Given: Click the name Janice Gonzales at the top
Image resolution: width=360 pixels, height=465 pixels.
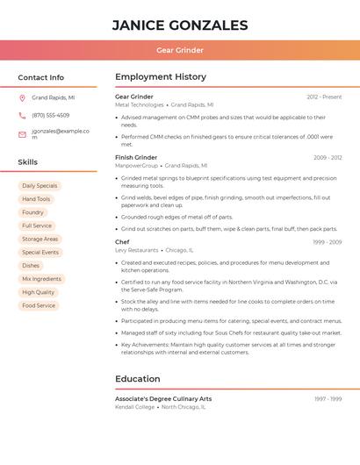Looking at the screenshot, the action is click(180, 25).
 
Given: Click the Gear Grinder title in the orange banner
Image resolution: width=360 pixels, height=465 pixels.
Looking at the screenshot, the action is click(180, 50).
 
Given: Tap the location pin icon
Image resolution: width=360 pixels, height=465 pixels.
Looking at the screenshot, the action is click(22, 98).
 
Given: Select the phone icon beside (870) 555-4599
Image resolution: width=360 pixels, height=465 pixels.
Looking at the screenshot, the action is click(22, 116).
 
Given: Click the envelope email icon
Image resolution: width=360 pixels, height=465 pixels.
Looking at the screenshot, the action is click(22, 134).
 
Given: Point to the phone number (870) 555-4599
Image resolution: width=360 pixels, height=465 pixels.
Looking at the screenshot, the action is click(50, 116).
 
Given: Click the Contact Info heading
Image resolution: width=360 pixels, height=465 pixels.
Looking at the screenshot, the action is click(40, 77).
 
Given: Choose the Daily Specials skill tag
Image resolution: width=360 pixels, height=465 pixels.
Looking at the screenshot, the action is click(40, 186).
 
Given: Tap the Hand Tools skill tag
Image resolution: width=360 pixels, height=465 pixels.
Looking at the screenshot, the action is click(36, 199).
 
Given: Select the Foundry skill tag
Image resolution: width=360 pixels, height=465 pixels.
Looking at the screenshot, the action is click(32, 212).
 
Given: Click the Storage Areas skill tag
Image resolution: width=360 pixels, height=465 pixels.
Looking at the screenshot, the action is click(40, 239).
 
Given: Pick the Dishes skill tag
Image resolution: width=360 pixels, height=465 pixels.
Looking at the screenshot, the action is click(31, 266).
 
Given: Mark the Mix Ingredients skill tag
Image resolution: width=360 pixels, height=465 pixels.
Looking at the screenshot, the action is click(41, 279).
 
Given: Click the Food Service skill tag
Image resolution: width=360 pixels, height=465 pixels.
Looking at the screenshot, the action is click(39, 305).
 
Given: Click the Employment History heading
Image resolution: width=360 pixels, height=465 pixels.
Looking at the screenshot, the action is click(161, 77).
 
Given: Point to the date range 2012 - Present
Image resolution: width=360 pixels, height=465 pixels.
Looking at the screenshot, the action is click(324, 97).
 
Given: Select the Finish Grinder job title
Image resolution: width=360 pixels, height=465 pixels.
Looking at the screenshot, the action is click(136, 158).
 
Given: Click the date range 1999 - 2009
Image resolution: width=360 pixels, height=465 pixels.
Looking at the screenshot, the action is click(327, 242).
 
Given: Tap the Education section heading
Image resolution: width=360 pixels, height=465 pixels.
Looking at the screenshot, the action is click(137, 379).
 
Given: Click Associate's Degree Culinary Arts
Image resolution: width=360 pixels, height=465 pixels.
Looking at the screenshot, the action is click(163, 399).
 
